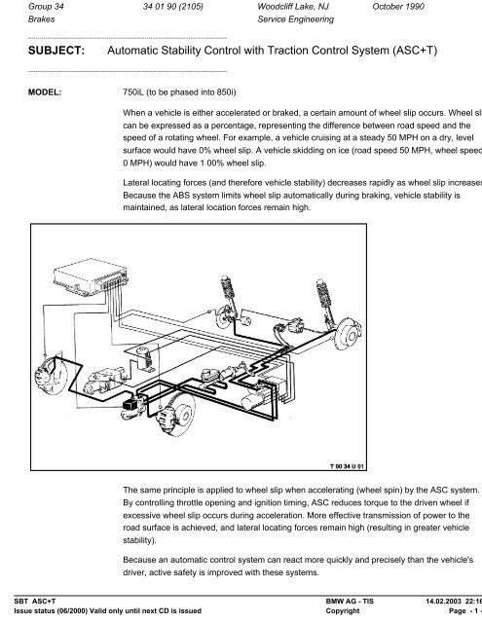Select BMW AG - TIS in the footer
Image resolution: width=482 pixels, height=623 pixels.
(x=346, y=604)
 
